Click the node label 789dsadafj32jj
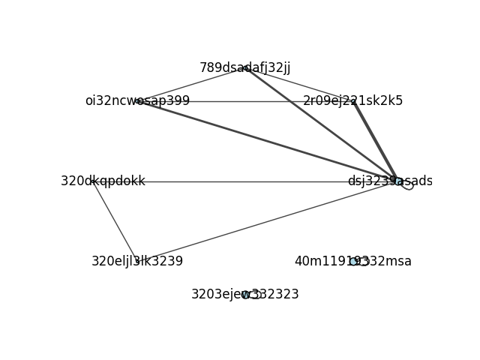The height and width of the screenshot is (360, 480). (x=245, y=68)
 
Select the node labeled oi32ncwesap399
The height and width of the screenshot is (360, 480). (x=138, y=101)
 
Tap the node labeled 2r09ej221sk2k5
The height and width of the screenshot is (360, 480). (x=353, y=101)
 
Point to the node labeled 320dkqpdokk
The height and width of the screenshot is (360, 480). (x=92, y=181)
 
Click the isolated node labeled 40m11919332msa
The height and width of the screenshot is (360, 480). (x=353, y=262)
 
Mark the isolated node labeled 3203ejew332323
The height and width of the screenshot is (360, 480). (x=245, y=295)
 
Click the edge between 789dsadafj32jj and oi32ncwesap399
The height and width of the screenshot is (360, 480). (x=191, y=85)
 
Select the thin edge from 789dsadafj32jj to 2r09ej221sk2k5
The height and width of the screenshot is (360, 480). (x=299, y=85)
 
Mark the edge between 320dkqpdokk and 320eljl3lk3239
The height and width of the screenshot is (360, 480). (x=115, y=221)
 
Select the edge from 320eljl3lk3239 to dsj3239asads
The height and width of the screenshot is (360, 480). (x=267, y=221)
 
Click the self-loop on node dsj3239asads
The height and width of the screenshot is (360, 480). (x=408, y=186)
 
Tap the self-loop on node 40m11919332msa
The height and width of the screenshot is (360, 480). (x=364, y=262)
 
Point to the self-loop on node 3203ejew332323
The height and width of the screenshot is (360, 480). (x=256, y=295)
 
